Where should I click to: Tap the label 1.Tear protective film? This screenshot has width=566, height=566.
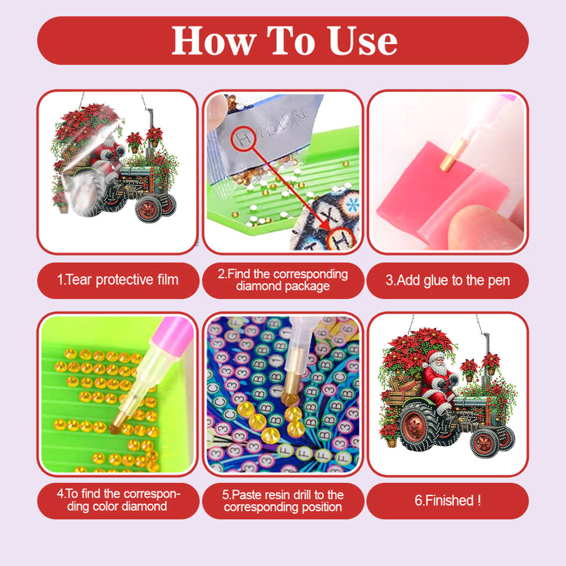click(118, 280)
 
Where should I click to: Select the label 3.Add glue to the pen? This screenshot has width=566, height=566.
click(447, 280)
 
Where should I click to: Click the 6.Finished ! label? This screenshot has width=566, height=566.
click(447, 500)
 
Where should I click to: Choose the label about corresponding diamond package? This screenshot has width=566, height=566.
click(283, 280)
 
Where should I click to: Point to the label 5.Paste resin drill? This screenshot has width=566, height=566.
click(283, 500)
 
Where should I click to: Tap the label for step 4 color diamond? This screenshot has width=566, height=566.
click(118, 500)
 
